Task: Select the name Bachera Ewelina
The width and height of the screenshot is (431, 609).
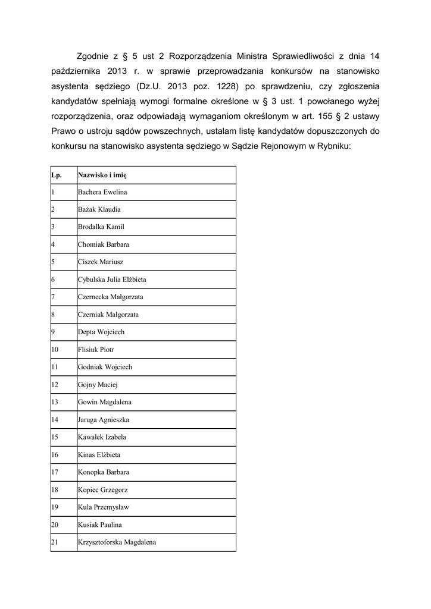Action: [102, 192]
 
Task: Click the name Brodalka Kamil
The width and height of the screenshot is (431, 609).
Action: [101, 227]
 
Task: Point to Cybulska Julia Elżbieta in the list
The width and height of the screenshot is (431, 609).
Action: [112, 280]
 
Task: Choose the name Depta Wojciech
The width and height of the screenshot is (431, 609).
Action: [101, 332]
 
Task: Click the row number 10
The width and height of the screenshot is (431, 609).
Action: [55, 350]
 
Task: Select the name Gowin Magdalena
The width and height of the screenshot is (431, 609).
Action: [105, 402]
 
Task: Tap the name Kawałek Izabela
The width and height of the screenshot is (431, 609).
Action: [102, 437]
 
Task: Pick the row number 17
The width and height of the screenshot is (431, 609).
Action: [55, 472]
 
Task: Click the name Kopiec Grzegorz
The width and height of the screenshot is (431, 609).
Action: [103, 489]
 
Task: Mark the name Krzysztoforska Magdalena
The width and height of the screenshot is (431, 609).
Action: [117, 542]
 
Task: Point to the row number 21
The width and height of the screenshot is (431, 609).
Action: [55, 542]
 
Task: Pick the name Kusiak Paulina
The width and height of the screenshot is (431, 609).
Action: [100, 525]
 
